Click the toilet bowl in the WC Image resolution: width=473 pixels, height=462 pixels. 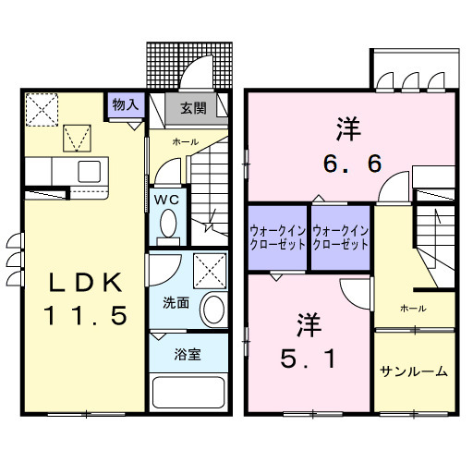pyautogui.click(x=169, y=224)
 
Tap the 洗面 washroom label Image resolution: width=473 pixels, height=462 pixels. pyautogui.click(x=176, y=301)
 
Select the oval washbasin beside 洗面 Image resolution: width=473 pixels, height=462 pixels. pyautogui.click(x=213, y=308)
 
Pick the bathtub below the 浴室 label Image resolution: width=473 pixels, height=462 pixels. pyautogui.click(x=188, y=394)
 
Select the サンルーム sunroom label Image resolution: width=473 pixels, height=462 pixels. pyautogui.click(x=414, y=371)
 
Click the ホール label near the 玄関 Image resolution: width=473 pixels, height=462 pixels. pyautogui.click(x=184, y=142)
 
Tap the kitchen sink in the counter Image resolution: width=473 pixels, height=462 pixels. pyautogui.click(x=90, y=171)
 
